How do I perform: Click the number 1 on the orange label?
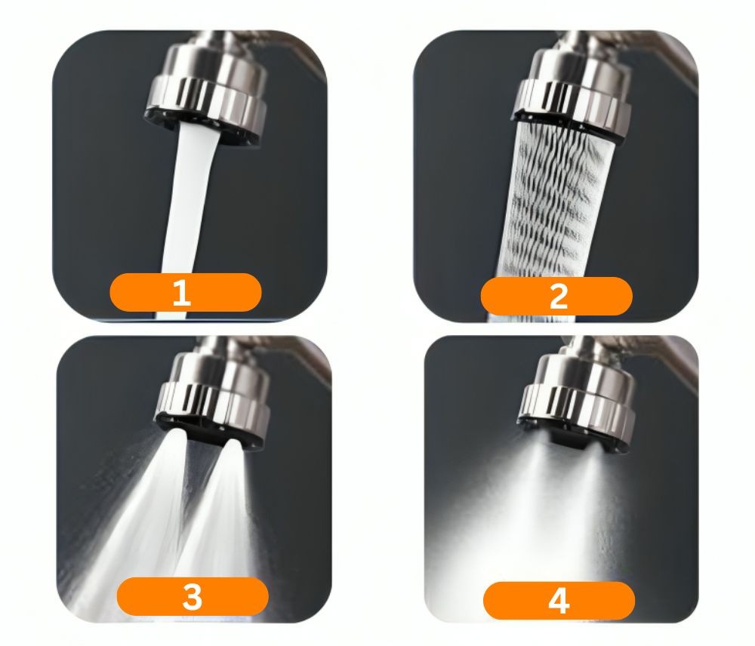click(x=181, y=292)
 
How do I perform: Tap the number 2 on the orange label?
click(x=558, y=297)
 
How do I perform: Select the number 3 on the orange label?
click(x=192, y=597)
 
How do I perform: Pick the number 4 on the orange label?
click(x=559, y=601)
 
